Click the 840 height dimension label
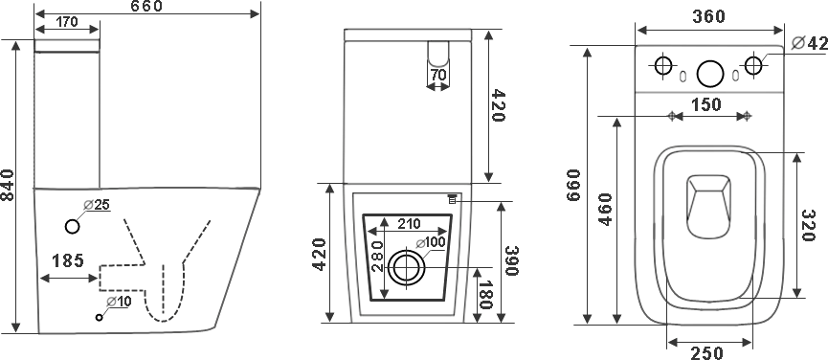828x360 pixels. (x=8, y=185)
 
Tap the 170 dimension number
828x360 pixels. (x=67, y=22)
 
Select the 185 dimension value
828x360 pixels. (x=68, y=260)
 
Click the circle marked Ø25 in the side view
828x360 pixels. (x=73, y=227)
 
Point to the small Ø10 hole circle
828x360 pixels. (x=99, y=317)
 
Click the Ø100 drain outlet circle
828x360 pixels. (x=406, y=268)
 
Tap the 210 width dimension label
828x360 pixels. (x=410, y=224)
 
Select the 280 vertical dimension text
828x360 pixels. (x=377, y=256)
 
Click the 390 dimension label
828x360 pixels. (x=512, y=260)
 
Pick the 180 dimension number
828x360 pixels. (x=487, y=296)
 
